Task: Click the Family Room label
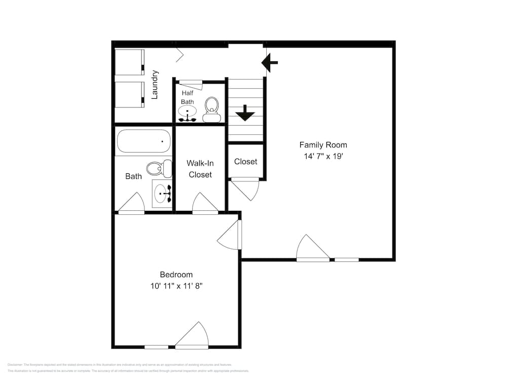click(323, 145)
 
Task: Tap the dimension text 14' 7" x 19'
click(323, 157)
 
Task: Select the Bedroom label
click(176, 275)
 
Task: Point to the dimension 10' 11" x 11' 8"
click(176, 286)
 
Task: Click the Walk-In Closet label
click(200, 169)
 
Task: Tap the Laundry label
click(155, 85)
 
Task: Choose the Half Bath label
click(188, 97)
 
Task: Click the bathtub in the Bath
click(144, 141)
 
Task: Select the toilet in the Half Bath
click(211, 110)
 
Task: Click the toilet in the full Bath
click(159, 168)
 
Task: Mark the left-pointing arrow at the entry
click(270, 63)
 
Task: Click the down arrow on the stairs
click(245, 113)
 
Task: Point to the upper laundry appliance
click(129, 62)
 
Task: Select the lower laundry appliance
click(129, 94)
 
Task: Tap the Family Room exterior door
click(312, 248)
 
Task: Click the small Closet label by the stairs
click(245, 162)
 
